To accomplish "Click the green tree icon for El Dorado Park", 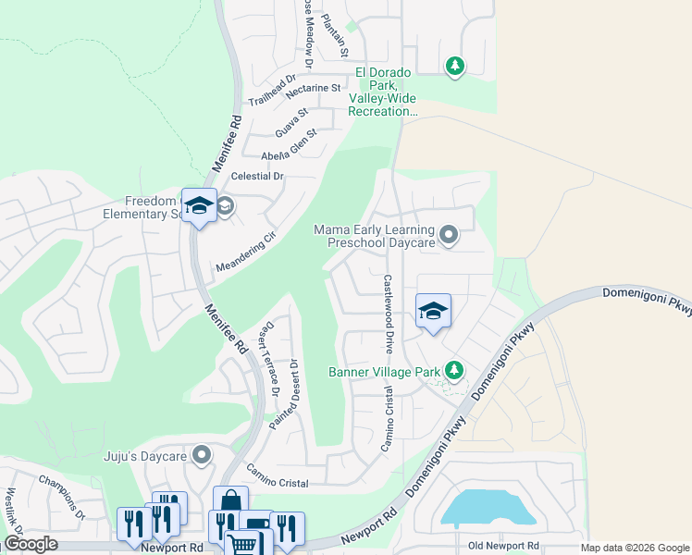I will [454, 66].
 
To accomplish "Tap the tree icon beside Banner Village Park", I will [453, 370].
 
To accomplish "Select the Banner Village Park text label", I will [384, 373].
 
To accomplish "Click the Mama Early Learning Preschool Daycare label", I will [374, 236].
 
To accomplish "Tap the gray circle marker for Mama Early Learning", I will [449, 235].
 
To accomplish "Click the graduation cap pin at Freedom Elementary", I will [199, 206].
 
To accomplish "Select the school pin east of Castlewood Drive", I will [433, 312].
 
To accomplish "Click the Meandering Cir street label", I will [246, 253].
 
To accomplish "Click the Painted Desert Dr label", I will [284, 393].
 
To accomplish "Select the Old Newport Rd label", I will [503, 546].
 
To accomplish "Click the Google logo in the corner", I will [31, 544].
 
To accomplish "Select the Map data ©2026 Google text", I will [635, 548].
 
